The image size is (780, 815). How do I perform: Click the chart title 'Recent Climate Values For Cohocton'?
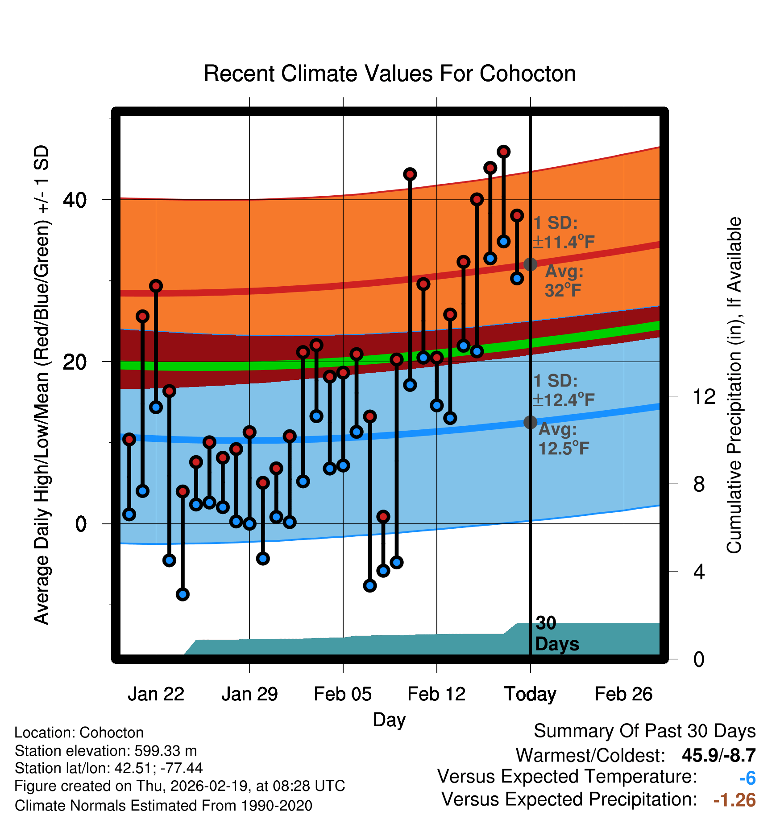pos(390,74)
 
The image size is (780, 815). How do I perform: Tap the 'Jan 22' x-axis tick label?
pos(156,694)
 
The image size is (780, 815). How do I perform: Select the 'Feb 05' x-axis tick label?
pos(343,694)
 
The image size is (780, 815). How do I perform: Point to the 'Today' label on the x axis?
pos(530,694)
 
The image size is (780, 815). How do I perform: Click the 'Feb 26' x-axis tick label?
pos(623,694)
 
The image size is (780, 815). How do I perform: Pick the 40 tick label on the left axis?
pos(75,200)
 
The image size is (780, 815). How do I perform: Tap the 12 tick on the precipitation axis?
pos(704,396)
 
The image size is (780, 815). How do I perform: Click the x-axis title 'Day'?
pos(389,720)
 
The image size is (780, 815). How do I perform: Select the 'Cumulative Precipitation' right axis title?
pos(734,386)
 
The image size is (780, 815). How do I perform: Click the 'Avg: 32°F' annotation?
pos(564,281)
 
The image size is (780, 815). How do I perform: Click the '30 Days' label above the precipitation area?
pos(556,634)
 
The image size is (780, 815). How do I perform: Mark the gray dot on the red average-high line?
pos(530,264)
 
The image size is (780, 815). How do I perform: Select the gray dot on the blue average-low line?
pos(530,422)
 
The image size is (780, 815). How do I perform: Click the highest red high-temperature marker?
pos(503,152)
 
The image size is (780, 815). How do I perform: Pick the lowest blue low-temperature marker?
pos(183,594)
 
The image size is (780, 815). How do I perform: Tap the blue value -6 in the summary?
pos(747,778)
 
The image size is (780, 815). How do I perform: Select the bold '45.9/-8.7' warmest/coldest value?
pos(718,755)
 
